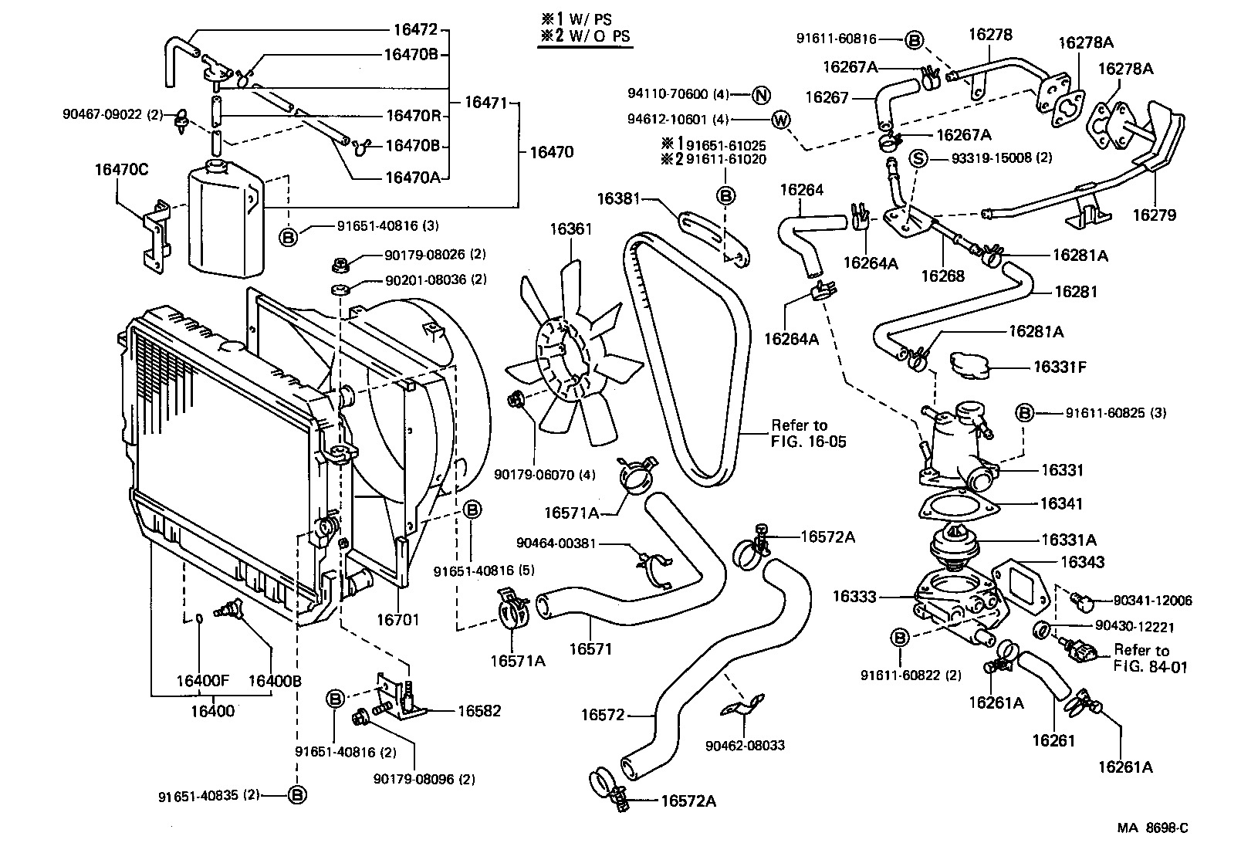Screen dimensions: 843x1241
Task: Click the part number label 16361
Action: (570, 229)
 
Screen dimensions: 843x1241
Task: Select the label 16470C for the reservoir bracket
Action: (121, 169)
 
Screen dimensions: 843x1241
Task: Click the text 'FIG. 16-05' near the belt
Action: (808, 442)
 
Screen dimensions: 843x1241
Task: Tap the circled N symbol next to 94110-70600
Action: (761, 95)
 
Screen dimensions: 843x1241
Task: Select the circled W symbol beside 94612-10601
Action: (780, 120)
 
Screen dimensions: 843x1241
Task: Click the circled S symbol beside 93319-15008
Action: (918, 158)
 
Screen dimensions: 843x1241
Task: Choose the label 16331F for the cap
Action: (1060, 367)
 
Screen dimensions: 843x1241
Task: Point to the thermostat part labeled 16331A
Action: (954, 543)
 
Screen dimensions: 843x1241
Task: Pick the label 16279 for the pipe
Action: (1155, 215)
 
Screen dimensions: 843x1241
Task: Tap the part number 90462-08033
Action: (745, 745)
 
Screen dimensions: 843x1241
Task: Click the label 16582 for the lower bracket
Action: (478, 711)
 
